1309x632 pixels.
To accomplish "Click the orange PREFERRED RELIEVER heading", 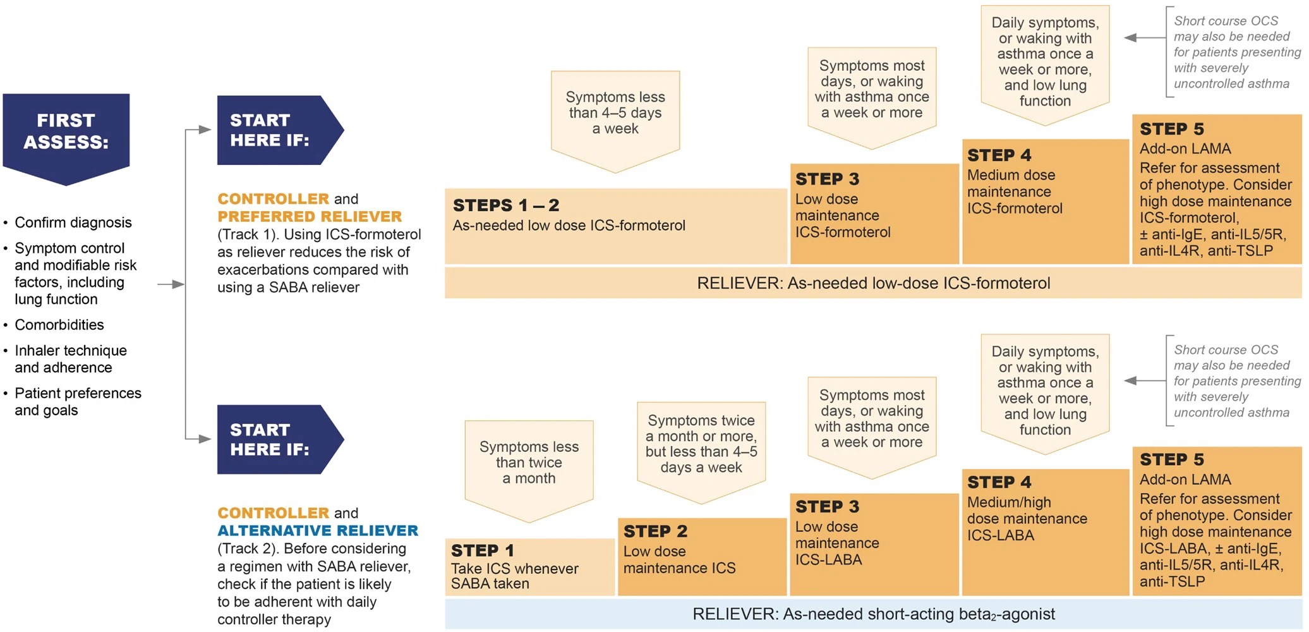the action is coord(310,216).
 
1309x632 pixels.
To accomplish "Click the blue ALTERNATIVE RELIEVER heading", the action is coord(318,530).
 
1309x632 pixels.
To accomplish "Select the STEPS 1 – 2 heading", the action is coord(506,205).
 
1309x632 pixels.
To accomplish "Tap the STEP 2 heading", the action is coord(655,531).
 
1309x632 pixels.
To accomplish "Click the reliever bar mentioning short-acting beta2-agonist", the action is coord(873,614).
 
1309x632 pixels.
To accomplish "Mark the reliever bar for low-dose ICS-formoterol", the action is coord(873,283).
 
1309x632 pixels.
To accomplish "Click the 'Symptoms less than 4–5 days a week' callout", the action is coord(615,121).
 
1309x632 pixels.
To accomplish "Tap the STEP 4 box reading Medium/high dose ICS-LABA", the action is coord(1045,532).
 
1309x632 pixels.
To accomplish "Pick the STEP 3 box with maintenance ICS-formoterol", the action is coord(874,214).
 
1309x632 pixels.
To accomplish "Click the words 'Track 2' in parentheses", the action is coord(247,549).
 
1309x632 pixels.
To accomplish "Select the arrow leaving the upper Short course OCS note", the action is coord(1145,38).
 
